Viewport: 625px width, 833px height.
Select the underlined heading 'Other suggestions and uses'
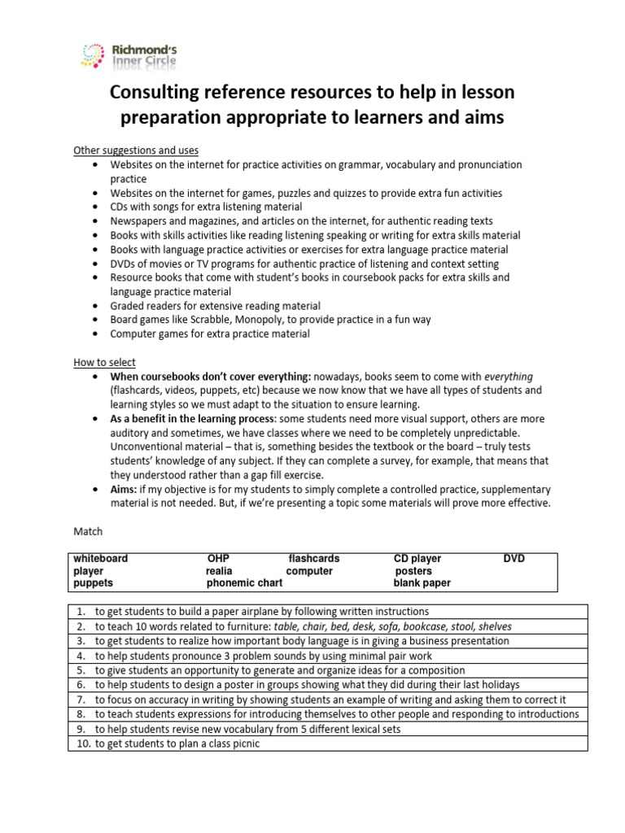point(136,150)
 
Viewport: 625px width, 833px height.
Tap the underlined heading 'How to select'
point(104,362)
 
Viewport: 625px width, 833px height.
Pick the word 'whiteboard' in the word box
point(100,559)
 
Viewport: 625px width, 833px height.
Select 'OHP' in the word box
point(219,559)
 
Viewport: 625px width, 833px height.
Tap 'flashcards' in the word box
point(314,559)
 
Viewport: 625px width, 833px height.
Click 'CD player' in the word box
point(417,559)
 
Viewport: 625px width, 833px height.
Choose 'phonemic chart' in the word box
point(245,583)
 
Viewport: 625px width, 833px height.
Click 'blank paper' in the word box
point(422,583)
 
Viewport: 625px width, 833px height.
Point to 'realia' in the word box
point(220,571)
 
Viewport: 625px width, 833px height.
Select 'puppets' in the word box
point(94,583)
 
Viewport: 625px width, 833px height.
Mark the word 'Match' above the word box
point(88,532)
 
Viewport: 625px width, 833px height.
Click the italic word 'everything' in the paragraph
point(509,377)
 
